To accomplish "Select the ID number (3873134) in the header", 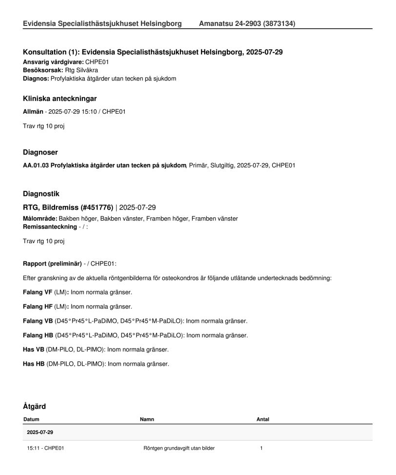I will click(278, 23).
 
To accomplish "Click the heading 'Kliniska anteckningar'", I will click(63, 99).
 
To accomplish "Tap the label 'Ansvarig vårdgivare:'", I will click(54, 62).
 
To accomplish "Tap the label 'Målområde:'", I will click(40, 219).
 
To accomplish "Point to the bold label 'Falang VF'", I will click(38, 292).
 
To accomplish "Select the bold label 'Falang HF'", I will click(38, 307).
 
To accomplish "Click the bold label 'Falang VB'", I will click(38, 321).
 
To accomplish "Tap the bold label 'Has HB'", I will click(34, 364).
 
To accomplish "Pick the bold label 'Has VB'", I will click(34, 350).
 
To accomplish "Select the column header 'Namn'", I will click(147, 419).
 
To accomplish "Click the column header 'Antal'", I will click(263, 419).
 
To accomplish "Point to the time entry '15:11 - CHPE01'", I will click(45, 448).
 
